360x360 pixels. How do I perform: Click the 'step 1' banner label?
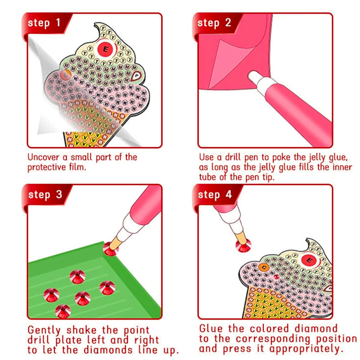tap(44, 23)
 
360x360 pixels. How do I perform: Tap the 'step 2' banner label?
tap(214, 23)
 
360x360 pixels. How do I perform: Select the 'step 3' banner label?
tap(45, 195)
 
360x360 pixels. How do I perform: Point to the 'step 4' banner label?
tap(215, 195)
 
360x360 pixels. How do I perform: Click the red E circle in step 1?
tap(106, 49)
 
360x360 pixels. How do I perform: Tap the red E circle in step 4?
tap(309, 261)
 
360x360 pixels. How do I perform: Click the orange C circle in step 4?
tap(264, 267)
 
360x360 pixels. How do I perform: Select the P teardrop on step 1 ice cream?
tap(136, 76)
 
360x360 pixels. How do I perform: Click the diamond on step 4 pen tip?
tap(243, 245)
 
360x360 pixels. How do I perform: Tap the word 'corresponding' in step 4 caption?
tap(273, 339)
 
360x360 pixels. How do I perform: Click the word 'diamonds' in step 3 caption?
tap(108, 350)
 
